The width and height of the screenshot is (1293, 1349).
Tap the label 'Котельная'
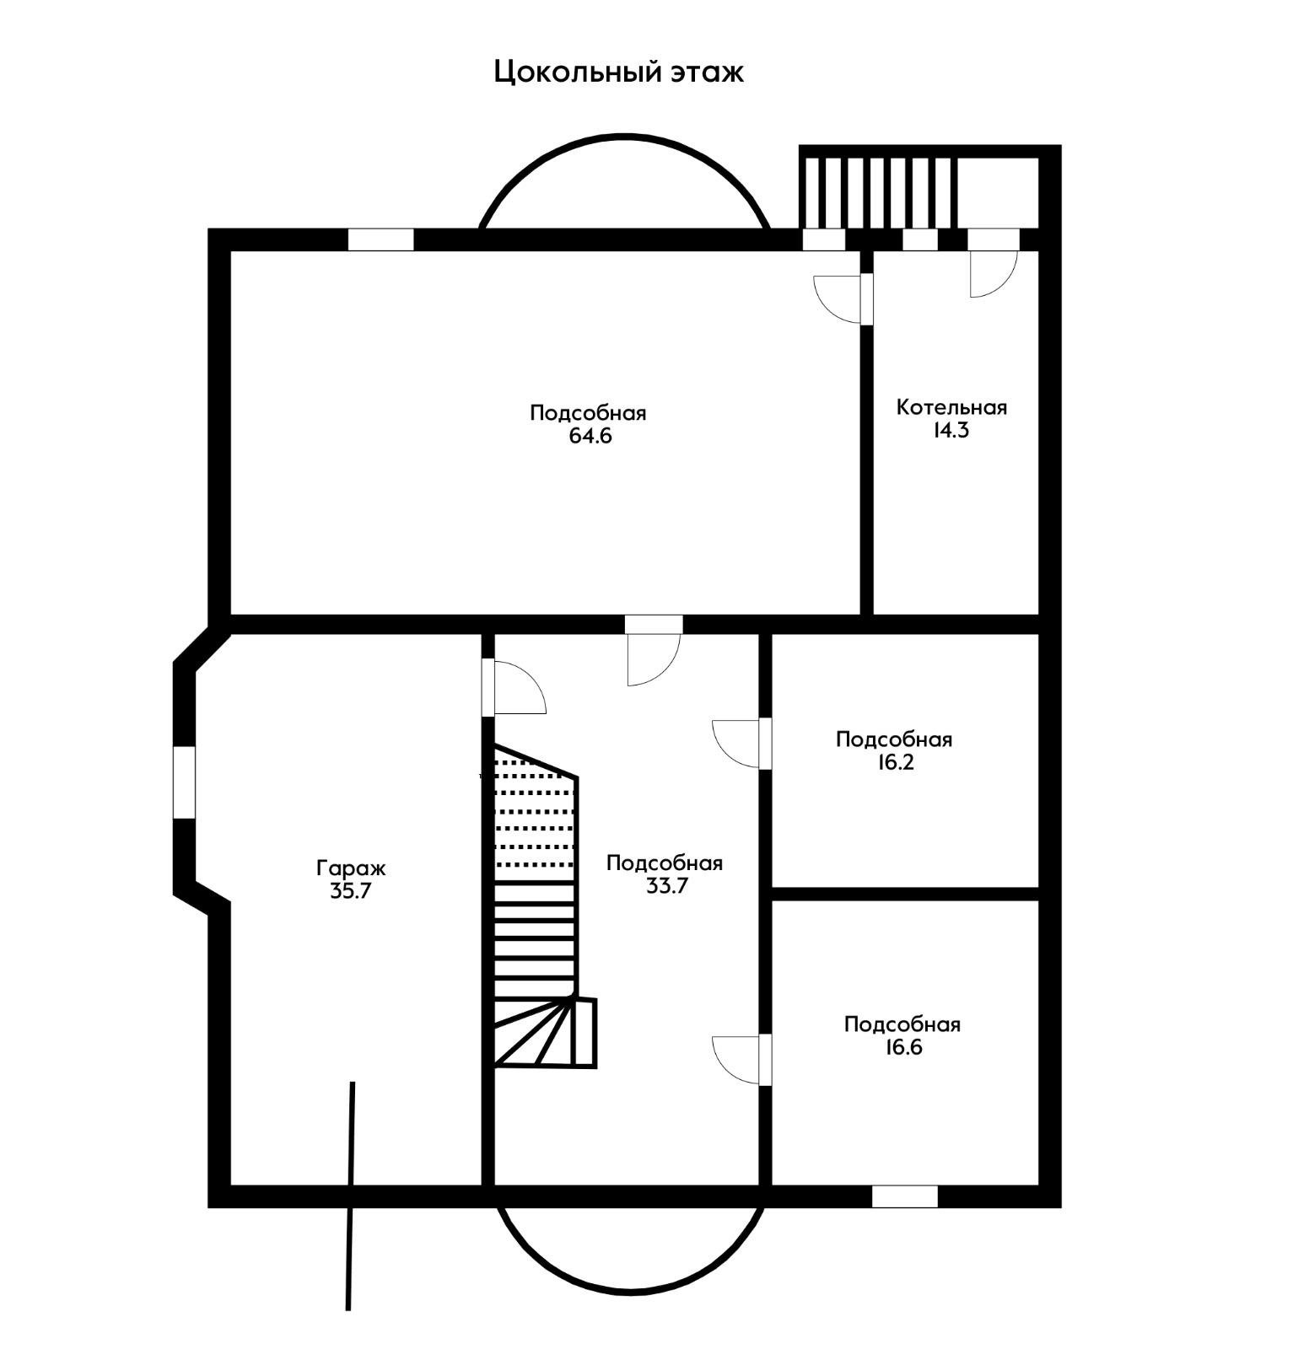(x=951, y=407)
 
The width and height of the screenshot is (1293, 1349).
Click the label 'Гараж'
(x=351, y=868)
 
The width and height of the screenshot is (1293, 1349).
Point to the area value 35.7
(x=351, y=891)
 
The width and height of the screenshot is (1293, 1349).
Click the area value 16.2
(x=895, y=762)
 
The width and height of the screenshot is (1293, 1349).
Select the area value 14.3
(x=951, y=430)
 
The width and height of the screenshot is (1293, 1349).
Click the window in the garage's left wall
(x=184, y=782)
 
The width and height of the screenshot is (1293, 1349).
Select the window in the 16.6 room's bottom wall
(x=905, y=1196)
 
